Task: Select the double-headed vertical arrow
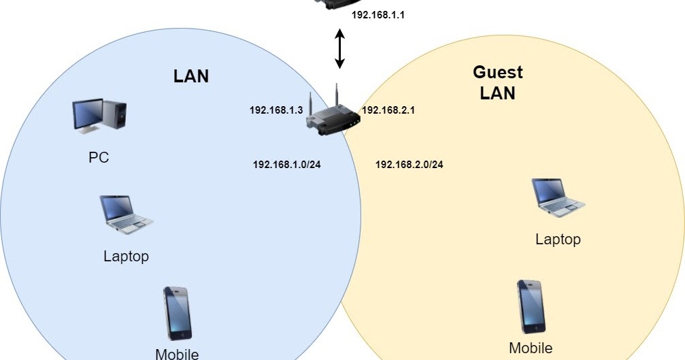click(x=339, y=48)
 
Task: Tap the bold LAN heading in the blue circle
click(x=191, y=76)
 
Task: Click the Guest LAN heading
click(x=497, y=82)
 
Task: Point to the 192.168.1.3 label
click(x=275, y=110)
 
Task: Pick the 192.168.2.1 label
click(x=388, y=110)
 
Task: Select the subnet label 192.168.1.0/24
click(x=286, y=164)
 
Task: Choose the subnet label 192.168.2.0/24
click(x=409, y=164)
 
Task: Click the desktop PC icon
click(x=99, y=115)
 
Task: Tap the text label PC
click(x=99, y=158)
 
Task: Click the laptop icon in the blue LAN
click(x=126, y=214)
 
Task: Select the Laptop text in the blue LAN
click(x=126, y=257)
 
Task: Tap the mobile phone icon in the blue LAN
click(x=177, y=314)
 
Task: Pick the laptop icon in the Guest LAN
click(x=558, y=198)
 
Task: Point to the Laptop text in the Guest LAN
click(x=558, y=239)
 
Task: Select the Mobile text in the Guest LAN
click(x=531, y=348)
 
